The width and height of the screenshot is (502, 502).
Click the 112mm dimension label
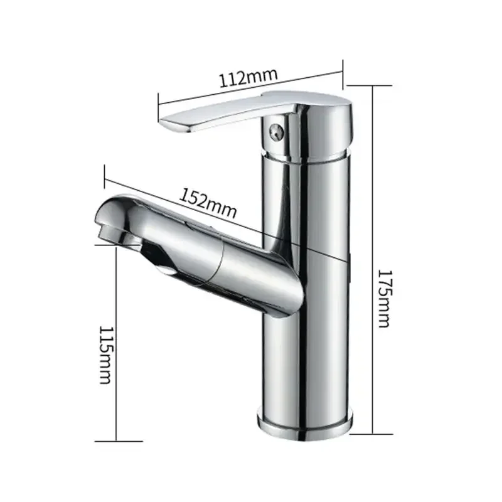(x=248, y=78)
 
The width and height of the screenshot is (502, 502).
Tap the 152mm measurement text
(x=209, y=203)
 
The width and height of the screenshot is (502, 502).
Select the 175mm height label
(x=383, y=299)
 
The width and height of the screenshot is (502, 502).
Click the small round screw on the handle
(x=274, y=132)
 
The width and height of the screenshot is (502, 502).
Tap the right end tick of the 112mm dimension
(x=343, y=70)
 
